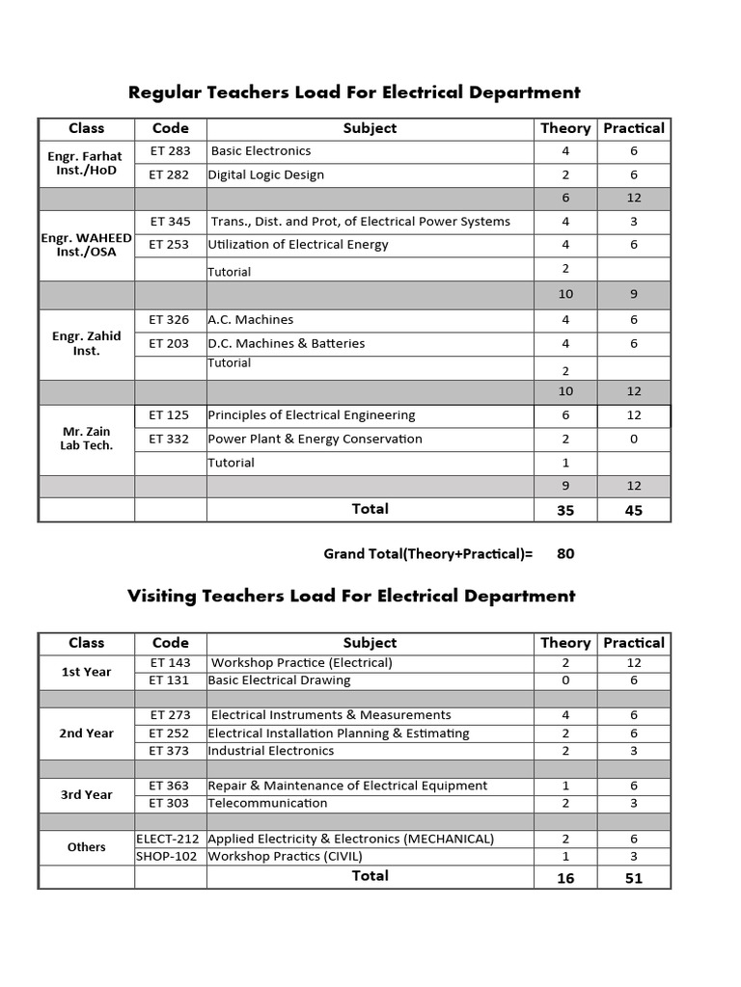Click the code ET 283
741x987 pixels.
(171, 151)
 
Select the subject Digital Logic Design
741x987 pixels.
(265, 174)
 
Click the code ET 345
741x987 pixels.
(171, 221)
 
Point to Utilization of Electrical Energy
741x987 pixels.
(298, 245)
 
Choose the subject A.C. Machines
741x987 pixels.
(251, 320)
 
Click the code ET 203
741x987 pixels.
(170, 343)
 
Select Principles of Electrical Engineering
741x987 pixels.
(312, 415)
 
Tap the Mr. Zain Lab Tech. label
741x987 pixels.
(86, 439)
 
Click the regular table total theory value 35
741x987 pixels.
(565, 510)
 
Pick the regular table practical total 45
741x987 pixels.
(634, 510)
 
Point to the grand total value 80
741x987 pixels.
(565, 554)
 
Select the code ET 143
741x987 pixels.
(171, 663)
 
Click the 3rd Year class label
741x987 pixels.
(86, 794)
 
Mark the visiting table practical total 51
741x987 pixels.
(634, 878)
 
